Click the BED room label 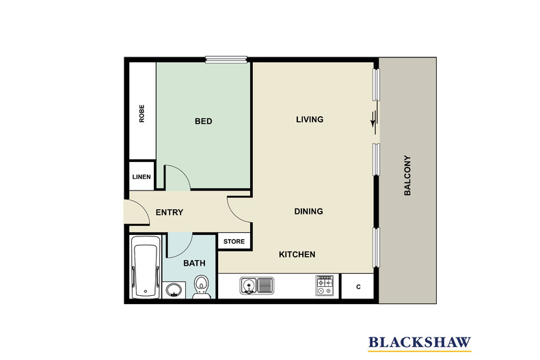pos(203,121)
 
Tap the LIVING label pos(310,120)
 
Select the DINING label pos(308,211)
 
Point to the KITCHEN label pos(297,254)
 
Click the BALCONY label pos(407,176)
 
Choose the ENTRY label pos(169,212)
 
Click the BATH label pos(194,263)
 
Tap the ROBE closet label pos(141,113)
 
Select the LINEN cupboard pos(141,176)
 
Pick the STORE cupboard pos(234,241)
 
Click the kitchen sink pos(257,286)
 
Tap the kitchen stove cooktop pos(325,286)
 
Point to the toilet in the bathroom pos(201,287)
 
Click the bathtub pos(146,266)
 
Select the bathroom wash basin pos(174,290)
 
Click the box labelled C pos(357,286)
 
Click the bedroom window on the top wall pos(226,59)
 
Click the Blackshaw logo pos(420,344)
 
